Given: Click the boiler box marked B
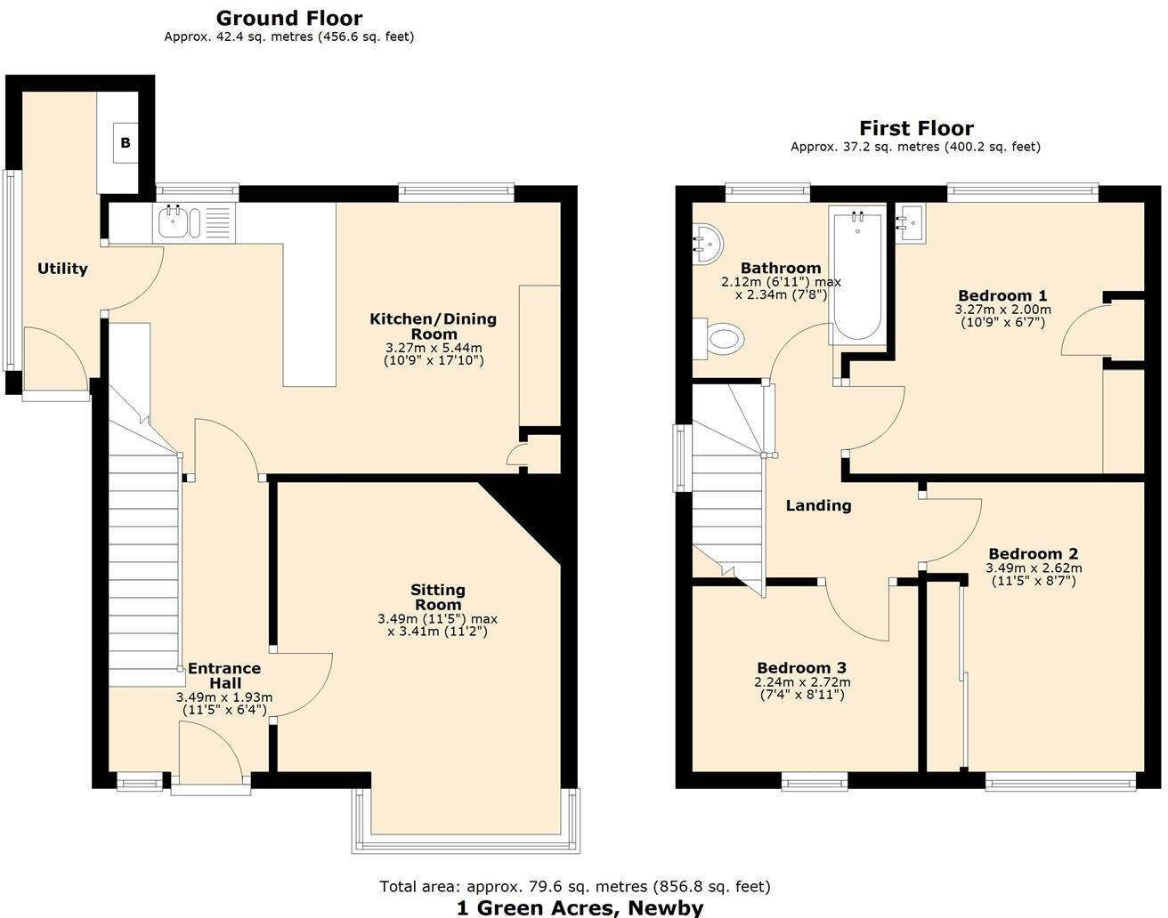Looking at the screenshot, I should click(x=126, y=143).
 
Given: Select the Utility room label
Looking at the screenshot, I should click(x=62, y=269).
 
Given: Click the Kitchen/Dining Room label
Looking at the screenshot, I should click(x=434, y=326).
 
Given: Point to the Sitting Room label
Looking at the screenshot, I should click(x=437, y=597).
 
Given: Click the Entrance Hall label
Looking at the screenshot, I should click(x=223, y=676).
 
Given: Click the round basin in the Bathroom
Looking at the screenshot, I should click(x=709, y=243).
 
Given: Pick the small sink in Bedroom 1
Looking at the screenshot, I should click(x=910, y=222).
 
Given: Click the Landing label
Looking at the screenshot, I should click(x=818, y=505).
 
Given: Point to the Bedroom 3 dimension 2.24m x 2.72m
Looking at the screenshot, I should click(x=801, y=682).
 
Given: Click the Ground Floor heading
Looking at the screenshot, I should click(x=289, y=18).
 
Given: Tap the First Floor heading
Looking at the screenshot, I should click(x=916, y=128).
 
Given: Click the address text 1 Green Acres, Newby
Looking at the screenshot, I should click(x=580, y=907).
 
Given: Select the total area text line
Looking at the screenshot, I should click(x=575, y=886).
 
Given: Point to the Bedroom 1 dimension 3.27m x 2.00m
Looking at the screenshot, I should click(x=1002, y=310).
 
